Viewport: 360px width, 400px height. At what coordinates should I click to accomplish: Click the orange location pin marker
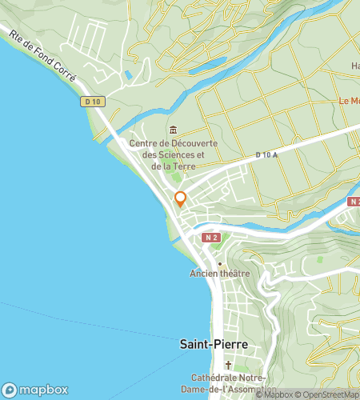(180, 198)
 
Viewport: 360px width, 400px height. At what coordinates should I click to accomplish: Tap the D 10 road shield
(91, 102)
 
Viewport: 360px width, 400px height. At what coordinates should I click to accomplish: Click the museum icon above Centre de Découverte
(173, 130)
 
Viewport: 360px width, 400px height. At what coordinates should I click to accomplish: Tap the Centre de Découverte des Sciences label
(168, 154)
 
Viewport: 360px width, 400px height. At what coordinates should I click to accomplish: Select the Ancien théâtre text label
(220, 274)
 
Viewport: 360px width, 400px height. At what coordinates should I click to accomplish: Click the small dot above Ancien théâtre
(219, 262)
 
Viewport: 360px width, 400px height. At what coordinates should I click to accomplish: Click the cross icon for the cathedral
(227, 364)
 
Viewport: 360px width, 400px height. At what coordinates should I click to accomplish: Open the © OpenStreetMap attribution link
(328, 394)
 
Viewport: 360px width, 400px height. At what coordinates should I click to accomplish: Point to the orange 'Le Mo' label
(349, 101)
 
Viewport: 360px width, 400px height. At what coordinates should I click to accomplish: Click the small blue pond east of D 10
(128, 75)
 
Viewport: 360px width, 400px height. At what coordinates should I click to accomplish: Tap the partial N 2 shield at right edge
(354, 202)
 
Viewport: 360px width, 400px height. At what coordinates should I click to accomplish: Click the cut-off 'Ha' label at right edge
(355, 66)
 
